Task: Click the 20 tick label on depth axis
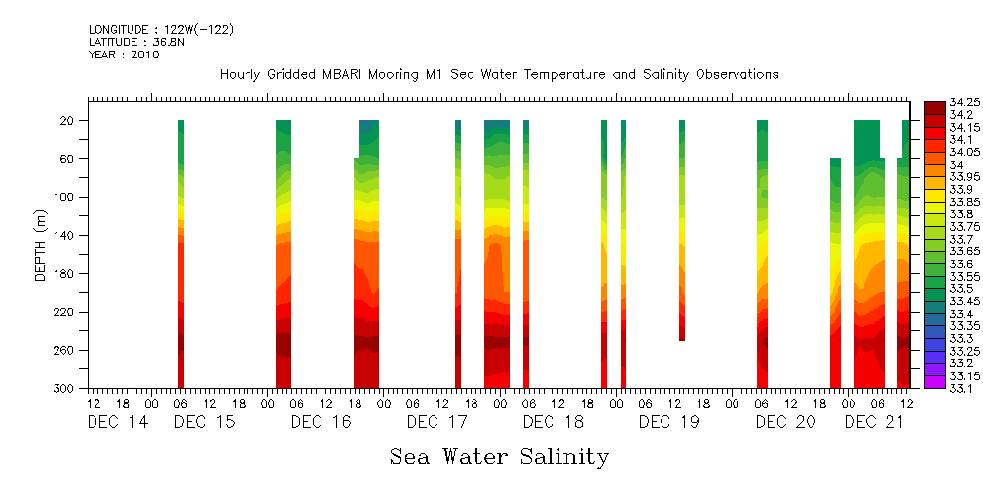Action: [67, 121]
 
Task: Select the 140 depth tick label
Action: [64, 236]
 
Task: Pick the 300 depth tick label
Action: [64, 389]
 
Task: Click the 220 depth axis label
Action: [64, 313]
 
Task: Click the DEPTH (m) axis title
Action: [41, 244]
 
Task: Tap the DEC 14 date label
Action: [119, 422]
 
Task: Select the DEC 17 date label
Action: [437, 422]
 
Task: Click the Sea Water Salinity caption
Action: [499, 457]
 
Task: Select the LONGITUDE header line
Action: [161, 30]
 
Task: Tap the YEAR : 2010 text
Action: [124, 56]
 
